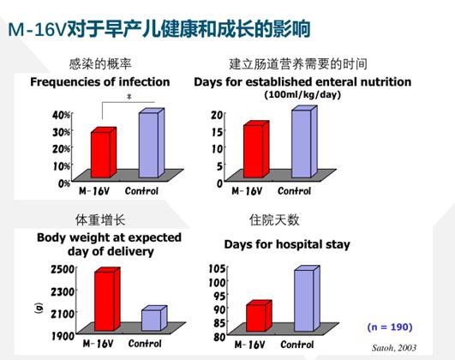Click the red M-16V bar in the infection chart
point(101,153)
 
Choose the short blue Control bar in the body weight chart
point(150,320)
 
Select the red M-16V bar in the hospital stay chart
point(256,317)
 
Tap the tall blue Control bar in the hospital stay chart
point(305,300)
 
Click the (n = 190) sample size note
point(389,327)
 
